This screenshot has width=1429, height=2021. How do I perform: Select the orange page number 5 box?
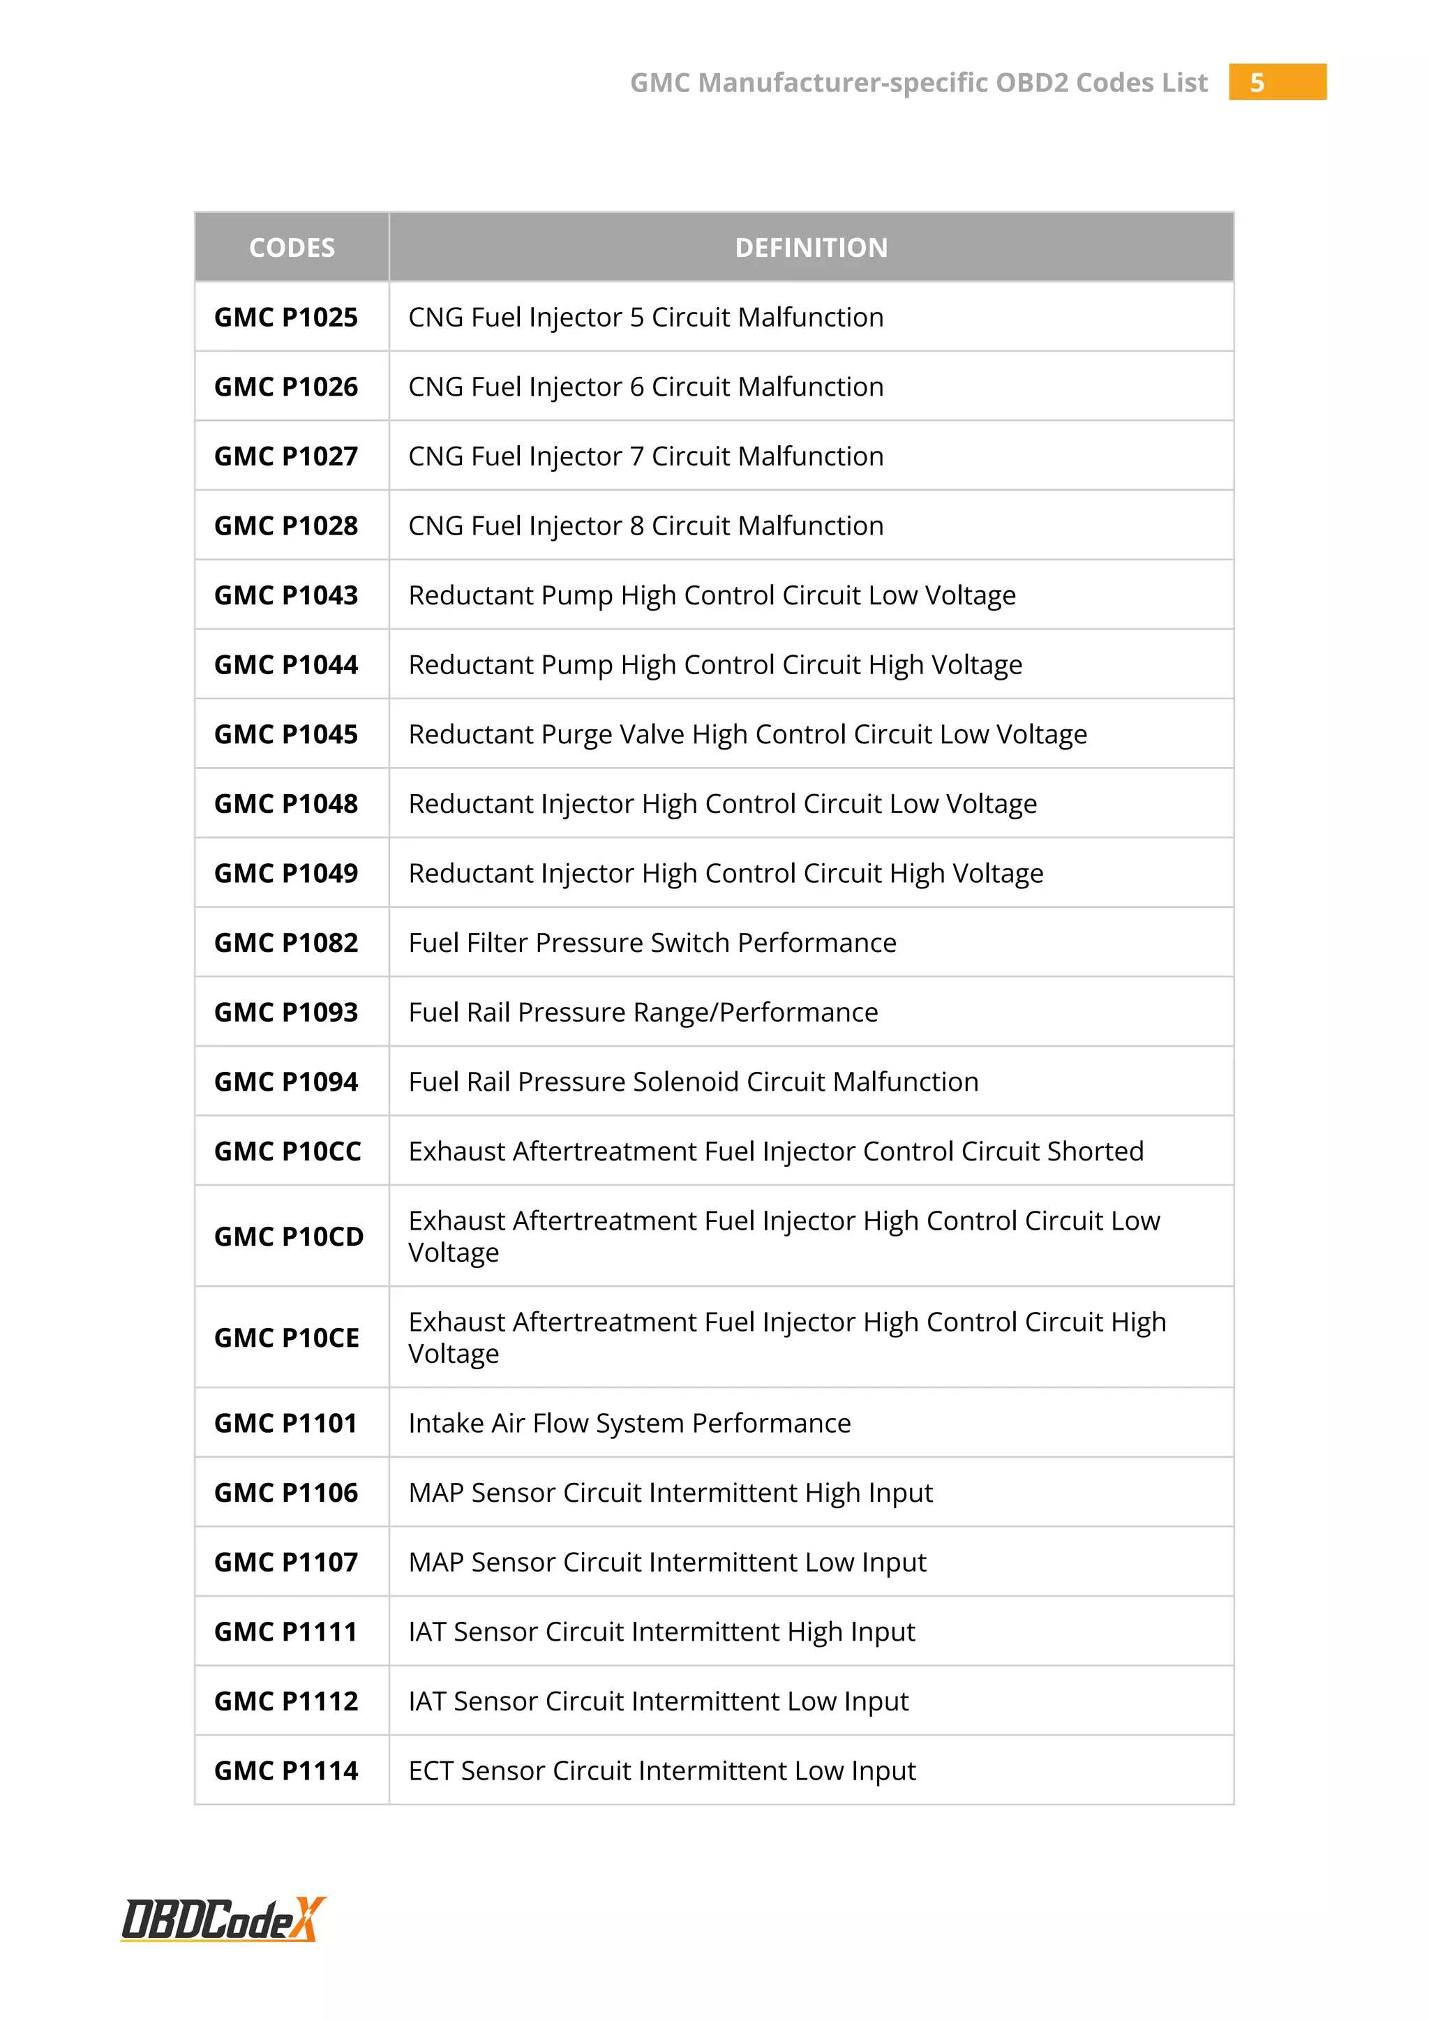click(1277, 82)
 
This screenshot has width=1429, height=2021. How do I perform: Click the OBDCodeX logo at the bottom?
click(223, 1919)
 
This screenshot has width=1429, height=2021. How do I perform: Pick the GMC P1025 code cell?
click(286, 317)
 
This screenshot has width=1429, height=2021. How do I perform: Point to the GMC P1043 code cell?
click(286, 595)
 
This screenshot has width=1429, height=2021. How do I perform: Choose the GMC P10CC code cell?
click(287, 1151)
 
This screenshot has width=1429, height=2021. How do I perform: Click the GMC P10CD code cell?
click(289, 1237)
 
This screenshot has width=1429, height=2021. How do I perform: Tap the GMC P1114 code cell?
click(286, 1770)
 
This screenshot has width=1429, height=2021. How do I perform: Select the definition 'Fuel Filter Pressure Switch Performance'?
click(652, 943)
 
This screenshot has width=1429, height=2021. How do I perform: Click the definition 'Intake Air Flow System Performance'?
click(629, 1424)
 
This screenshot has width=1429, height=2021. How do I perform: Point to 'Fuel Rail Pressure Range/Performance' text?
click(643, 1013)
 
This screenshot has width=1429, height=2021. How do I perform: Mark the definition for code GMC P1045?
click(747, 734)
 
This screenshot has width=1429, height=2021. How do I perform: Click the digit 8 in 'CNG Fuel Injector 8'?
click(637, 526)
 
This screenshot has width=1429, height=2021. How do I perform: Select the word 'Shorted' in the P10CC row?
click(1095, 1151)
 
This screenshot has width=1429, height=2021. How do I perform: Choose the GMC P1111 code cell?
click(286, 1632)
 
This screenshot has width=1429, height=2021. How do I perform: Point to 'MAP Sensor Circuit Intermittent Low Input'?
click(667, 1563)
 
